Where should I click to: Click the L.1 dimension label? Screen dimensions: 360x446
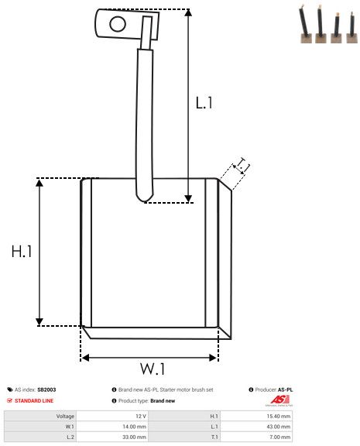click(x=204, y=103)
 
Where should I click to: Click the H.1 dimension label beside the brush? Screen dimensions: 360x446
click(x=22, y=252)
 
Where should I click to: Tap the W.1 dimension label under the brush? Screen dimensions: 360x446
click(x=153, y=369)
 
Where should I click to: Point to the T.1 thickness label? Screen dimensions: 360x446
click(x=242, y=166)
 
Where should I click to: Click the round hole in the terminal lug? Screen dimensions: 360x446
click(x=118, y=24)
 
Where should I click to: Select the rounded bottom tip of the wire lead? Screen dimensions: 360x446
click(x=145, y=197)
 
